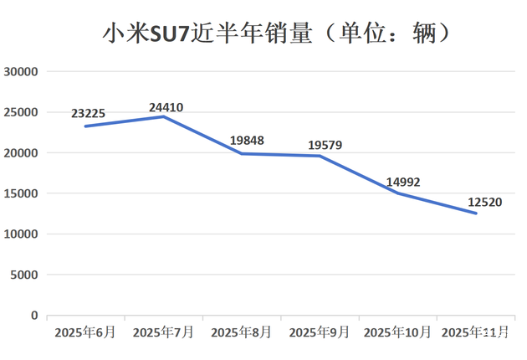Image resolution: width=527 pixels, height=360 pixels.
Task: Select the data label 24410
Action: click(166, 107)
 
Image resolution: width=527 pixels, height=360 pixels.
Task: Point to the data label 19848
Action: click(247, 140)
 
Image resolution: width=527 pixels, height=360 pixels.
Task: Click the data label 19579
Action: click(326, 145)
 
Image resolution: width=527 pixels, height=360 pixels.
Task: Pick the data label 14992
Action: click(404, 182)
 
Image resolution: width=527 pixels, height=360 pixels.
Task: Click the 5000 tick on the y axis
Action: click(25, 275)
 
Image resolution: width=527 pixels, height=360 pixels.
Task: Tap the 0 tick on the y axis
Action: click(34, 316)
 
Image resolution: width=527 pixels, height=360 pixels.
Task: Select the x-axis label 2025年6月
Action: click(85, 332)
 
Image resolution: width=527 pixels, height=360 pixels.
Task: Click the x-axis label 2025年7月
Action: click(163, 332)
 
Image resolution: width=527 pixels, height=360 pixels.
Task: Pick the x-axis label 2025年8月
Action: click(241, 332)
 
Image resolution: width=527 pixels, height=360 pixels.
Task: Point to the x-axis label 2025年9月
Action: click(319, 332)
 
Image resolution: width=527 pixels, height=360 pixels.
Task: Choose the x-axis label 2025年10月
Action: click(397, 332)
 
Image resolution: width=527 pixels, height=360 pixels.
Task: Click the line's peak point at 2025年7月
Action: click(163, 116)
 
